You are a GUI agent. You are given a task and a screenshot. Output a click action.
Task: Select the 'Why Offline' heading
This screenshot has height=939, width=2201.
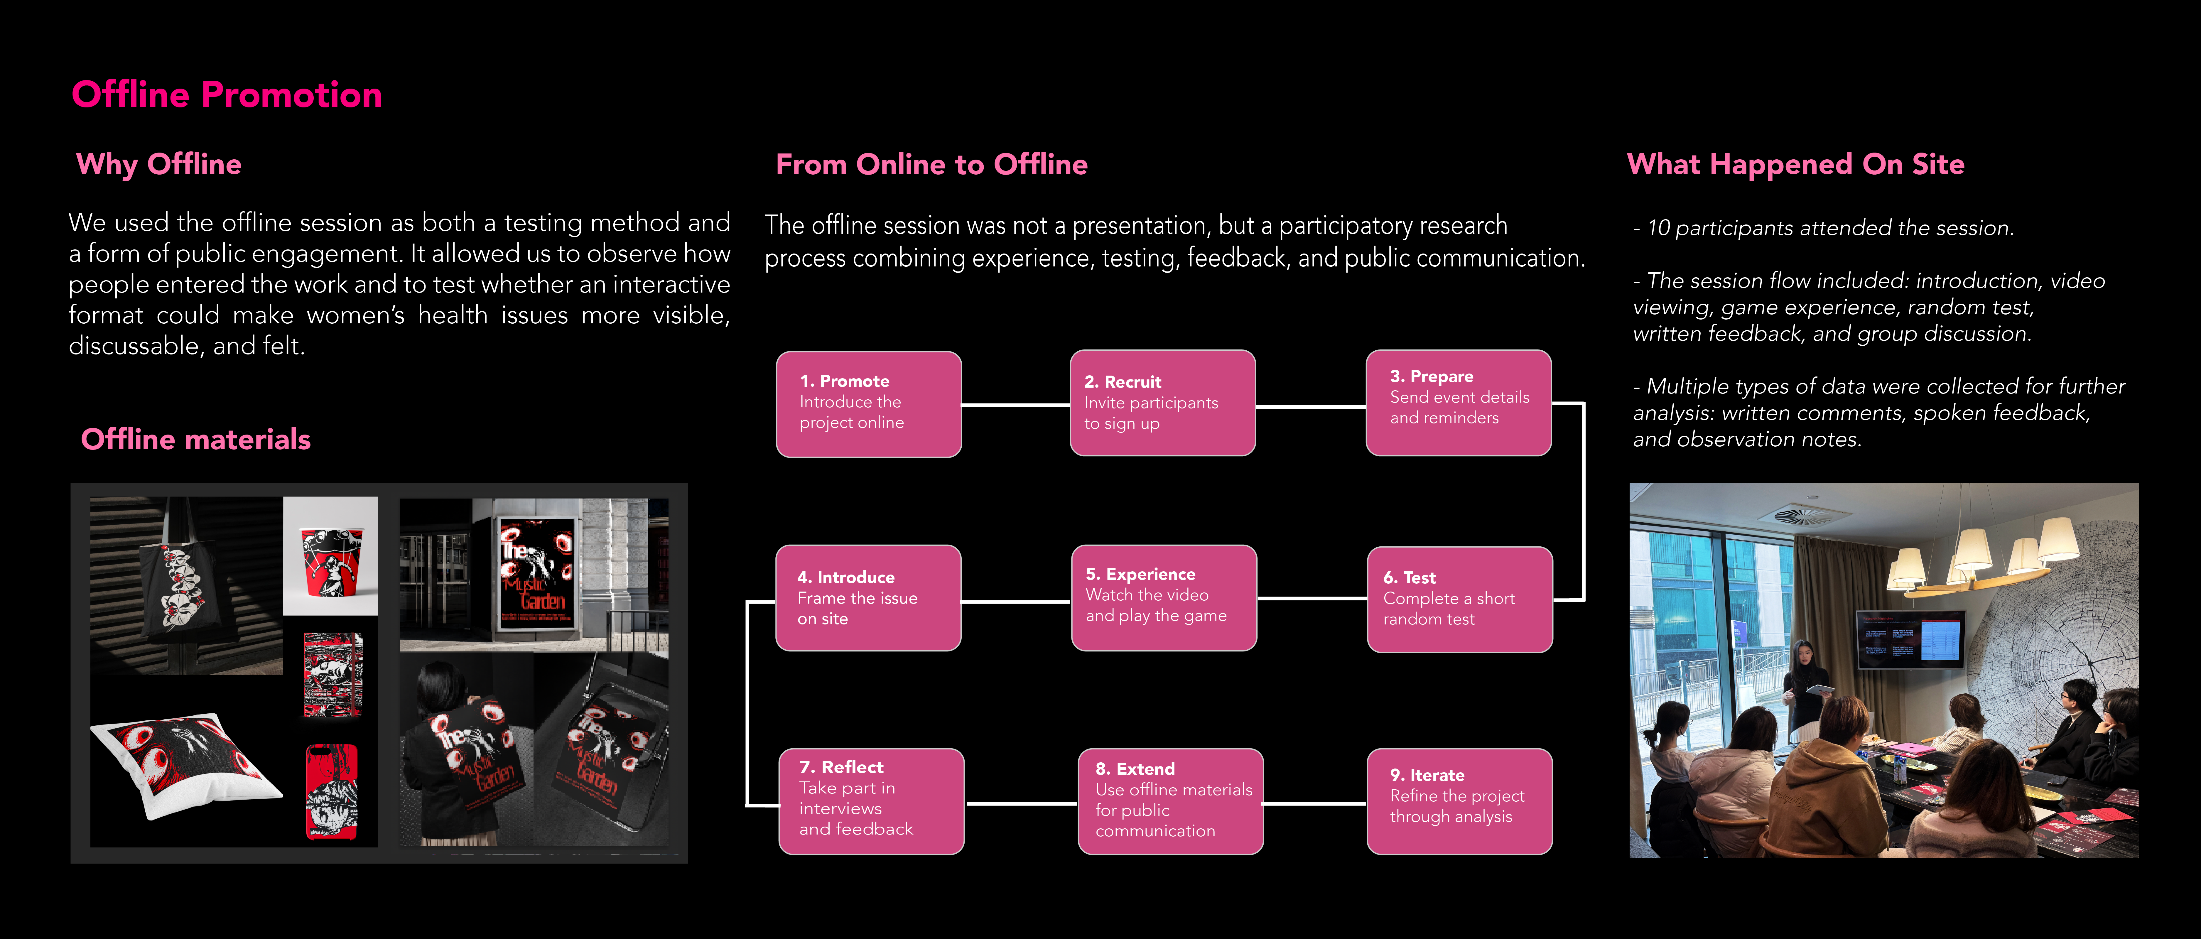tap(159, 164)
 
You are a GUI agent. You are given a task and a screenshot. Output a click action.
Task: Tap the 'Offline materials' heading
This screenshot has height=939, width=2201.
tap(196, 439)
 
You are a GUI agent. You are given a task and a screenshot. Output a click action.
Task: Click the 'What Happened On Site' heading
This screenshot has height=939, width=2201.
tap(1795, 164)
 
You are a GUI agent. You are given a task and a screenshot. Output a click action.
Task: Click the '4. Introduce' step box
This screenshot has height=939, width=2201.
tap(868, 598)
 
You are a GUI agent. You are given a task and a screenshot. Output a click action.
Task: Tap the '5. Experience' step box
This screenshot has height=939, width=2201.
tap(1164, 598)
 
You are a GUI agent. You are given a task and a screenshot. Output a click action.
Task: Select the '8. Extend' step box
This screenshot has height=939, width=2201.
tap(1171, 801)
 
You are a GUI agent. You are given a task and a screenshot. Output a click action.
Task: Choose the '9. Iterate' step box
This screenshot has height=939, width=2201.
tap(1459, 801)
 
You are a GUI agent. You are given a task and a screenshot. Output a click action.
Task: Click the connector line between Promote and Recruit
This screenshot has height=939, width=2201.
tap(1016, 405)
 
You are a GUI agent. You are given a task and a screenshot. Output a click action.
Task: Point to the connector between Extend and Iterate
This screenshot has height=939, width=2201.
tap(1315, 803)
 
